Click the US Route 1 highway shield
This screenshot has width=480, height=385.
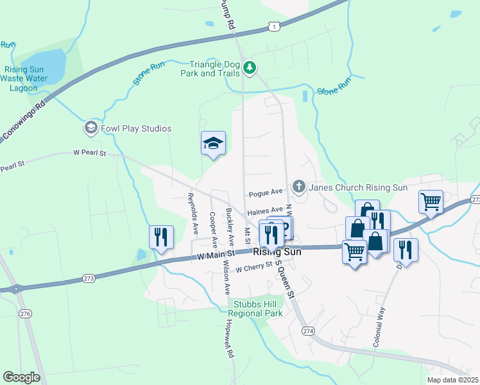tap(274, 26)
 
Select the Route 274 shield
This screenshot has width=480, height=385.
tap(309, 330)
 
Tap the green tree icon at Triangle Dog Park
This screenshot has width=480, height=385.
tap(250, 66)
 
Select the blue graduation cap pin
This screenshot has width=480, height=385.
tap(213, 144)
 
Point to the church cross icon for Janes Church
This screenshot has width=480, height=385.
tap(298, 187)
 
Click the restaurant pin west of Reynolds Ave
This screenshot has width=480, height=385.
tap(161, 237)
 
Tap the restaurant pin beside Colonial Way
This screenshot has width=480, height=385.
tap(406, 248)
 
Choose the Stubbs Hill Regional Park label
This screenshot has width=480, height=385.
tap(257, 309)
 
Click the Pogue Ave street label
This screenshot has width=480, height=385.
tap(266, 193)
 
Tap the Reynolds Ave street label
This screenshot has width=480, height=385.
tap(192, 213)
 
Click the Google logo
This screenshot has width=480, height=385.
tap(21, 377)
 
